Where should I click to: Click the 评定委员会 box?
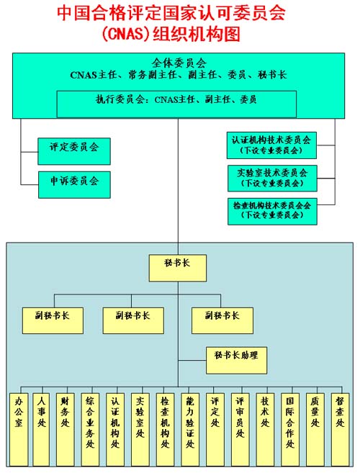(x=74, y=151)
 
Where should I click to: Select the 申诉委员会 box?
(x=74, y=184)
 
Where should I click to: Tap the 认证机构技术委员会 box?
(x=271, y=145)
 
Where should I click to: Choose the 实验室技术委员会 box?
(x=272, y=179)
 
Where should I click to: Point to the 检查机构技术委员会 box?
(x=272, y=211)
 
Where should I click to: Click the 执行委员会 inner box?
(x=176, y=104)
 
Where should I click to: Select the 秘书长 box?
(x=178, y=268)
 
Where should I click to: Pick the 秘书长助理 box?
(x=237, y=360)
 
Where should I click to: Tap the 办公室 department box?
(x=19, y=430)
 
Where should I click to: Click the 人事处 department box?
(x=41, y=430)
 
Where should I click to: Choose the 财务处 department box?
(x=66, y=430)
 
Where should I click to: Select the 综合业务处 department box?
(x=90, y=430)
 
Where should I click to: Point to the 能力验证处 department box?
(x=190, y=430)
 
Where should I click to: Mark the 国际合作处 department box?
(x=290, y=430)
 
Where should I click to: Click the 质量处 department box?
(x=315, y=430)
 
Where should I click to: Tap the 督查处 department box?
(x=340, y=430)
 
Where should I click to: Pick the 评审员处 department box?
(x=240, y=430)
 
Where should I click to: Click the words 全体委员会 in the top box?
(x=179, y=63)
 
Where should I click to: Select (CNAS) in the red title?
(x=126, y=34)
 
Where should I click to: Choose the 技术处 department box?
(x=265, y=430)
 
